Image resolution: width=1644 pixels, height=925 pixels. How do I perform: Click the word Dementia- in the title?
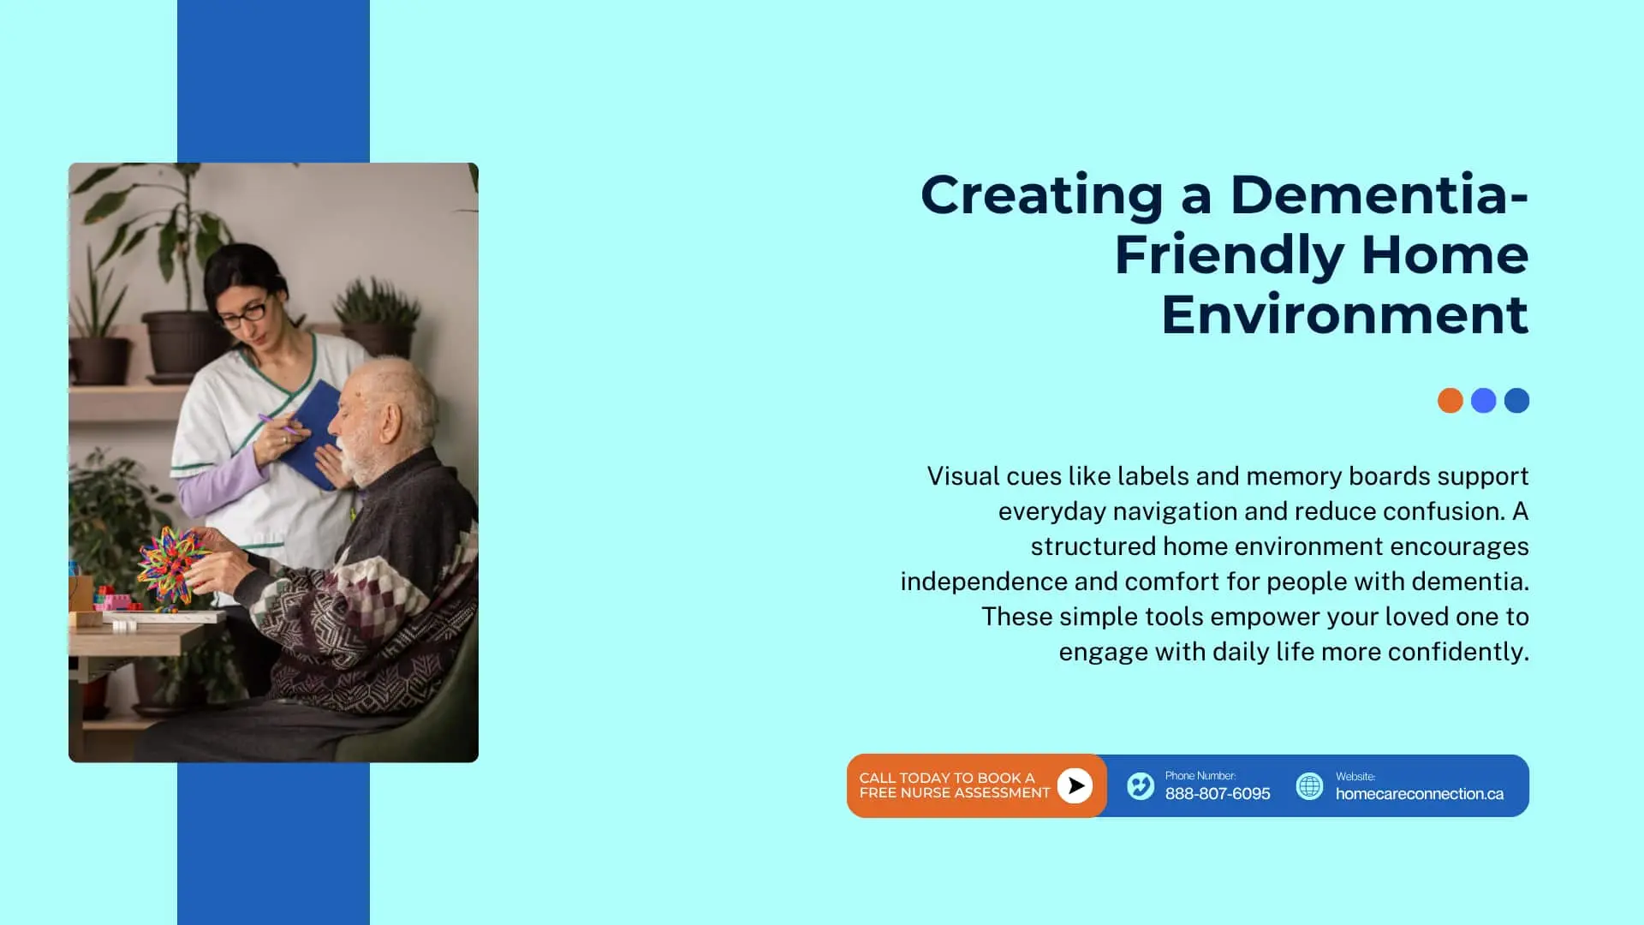[1379, 194]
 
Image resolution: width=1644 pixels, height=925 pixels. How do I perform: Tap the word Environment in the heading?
[1344, 314]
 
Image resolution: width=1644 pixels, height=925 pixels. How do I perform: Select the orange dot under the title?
[1450, 400]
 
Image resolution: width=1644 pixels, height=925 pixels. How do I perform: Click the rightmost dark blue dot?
[1516, 400]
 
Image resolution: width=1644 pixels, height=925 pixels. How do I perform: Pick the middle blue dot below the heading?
[1483, 400]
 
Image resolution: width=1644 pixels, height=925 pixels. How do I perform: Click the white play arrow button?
[1075, 785]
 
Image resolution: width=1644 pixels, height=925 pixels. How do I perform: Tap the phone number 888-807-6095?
[1218, 794]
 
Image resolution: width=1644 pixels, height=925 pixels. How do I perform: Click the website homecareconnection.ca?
[1419, 794]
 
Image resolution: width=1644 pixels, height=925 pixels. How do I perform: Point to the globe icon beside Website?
[1309, 785]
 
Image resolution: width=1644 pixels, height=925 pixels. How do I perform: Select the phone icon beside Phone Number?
[1141, 785]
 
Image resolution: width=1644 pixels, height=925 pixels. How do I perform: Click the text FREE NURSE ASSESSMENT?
[954, 793]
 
